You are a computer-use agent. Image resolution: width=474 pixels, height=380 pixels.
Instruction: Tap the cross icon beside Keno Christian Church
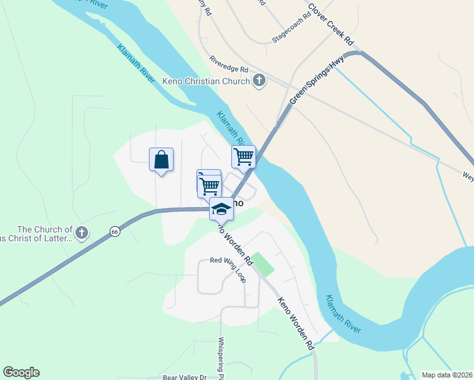click(259, 80)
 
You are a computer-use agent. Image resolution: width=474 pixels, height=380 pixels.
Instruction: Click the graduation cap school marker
click(221, 208)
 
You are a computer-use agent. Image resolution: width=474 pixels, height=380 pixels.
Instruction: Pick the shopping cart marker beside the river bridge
click(243, 156)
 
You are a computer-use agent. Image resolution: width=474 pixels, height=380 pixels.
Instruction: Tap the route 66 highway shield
click(114, 231)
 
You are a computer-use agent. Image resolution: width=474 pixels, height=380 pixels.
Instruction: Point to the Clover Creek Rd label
click(330, 25)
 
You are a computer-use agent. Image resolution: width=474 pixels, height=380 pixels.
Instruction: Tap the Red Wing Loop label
click(227, 261)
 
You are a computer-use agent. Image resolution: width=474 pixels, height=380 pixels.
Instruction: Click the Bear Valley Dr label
click(185, 377)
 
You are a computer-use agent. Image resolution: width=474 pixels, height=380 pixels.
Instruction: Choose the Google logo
click(21, 372)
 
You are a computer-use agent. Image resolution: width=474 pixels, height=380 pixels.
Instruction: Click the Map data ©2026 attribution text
click(447, 375)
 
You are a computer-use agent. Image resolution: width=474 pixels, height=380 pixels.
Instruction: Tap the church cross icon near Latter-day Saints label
click(81, 233)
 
